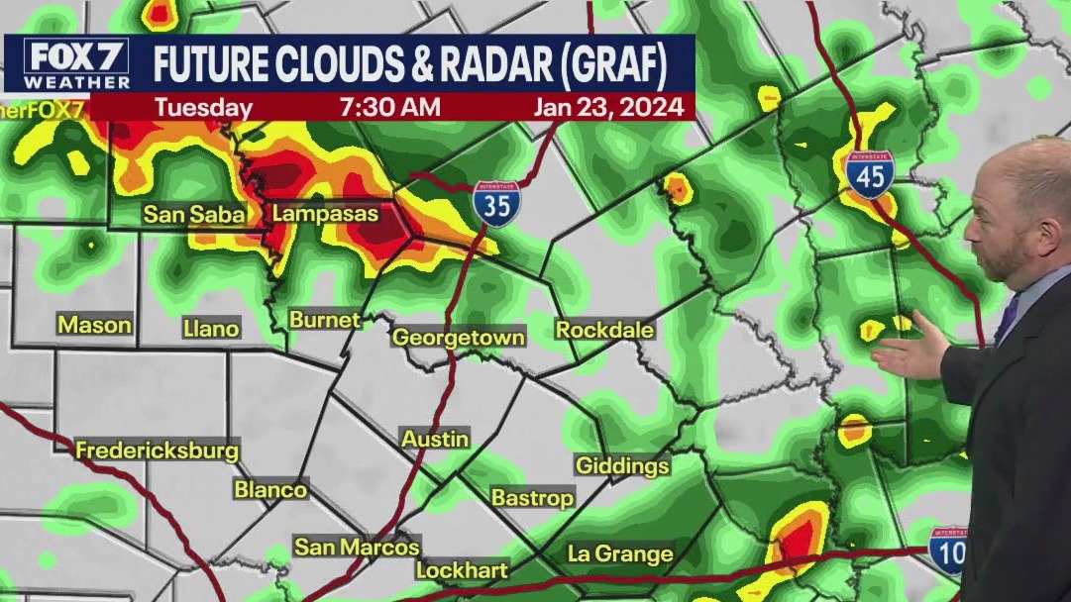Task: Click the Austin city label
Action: tap(435, 438)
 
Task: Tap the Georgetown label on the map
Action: tap(458, 337)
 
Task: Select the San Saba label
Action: tap(194, 214)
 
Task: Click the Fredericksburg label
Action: tap(158, 451)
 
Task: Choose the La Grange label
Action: tap(619, 553)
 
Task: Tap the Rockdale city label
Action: tap(604, 330)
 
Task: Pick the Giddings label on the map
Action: tap(622, 465)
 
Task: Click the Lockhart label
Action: tap(462, 570)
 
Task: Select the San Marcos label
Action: tap(357, 547)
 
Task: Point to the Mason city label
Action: tap(94, 324)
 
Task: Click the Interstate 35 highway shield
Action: tap(495, 205)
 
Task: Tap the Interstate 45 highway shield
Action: tap(869, 174)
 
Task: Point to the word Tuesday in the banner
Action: tap(204, 107)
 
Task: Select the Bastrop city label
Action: tap(532, 498)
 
